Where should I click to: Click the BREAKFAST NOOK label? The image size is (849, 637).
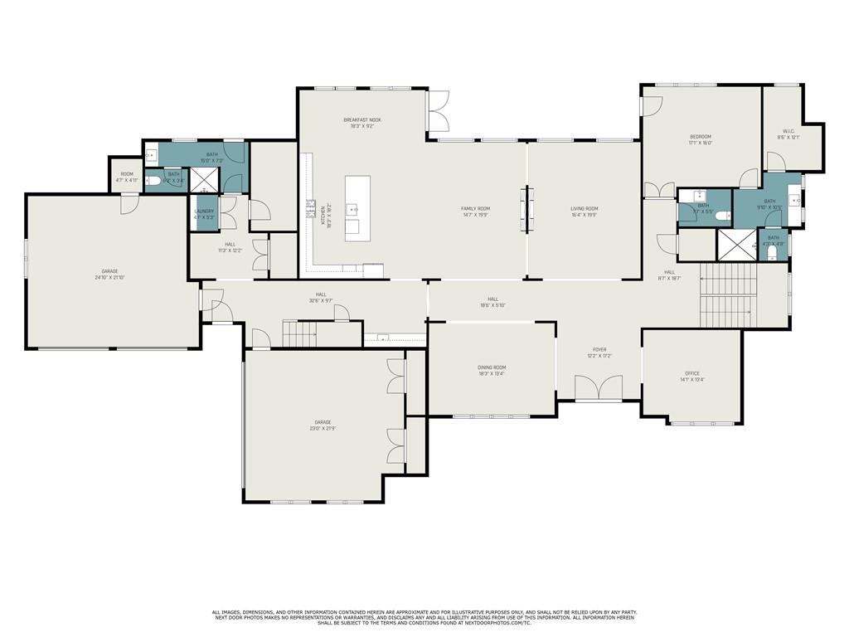(x=362, y=120)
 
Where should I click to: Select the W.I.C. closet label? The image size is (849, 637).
(x=788, y=130)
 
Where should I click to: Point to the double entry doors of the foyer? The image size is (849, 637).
(x=599, y=387)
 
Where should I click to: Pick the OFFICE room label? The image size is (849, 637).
(x=691, y=373)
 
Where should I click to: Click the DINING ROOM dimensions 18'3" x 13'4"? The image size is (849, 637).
(x=492, y=374)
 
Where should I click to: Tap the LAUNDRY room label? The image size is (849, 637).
(x=204, y=212)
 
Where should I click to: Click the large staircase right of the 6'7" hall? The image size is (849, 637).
(x=728, y=296)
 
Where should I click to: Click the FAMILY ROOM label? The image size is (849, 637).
(x=476, y=209)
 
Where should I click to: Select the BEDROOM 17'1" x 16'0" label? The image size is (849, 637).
(x=701, y=137)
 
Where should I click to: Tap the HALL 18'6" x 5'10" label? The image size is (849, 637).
(x=492, y=299)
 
